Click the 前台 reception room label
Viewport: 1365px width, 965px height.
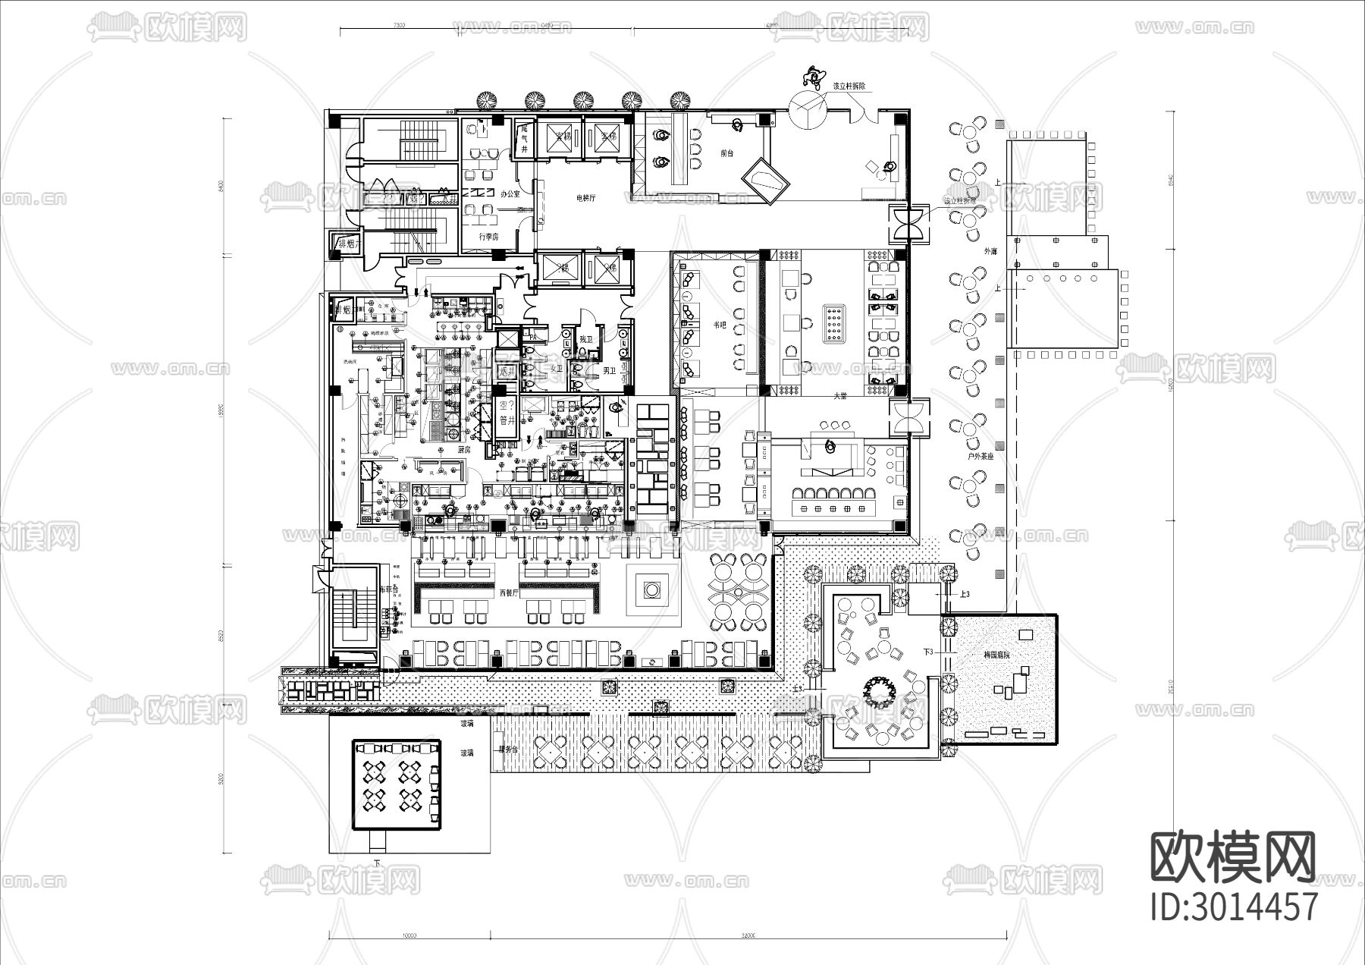726,152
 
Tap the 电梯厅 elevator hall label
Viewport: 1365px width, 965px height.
585,197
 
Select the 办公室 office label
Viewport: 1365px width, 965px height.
510,194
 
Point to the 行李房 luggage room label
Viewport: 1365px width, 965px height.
489,237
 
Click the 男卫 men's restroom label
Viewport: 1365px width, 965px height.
609,371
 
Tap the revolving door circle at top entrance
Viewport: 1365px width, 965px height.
807,108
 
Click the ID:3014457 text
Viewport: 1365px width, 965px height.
1234,907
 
